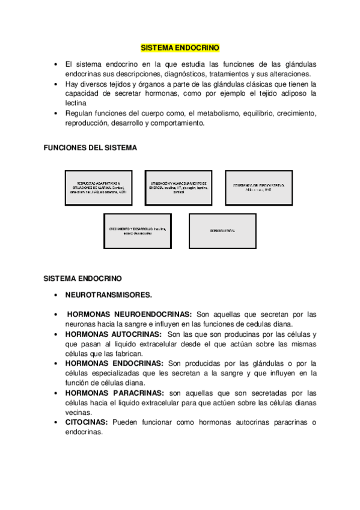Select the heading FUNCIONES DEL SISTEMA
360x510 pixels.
[91, 147]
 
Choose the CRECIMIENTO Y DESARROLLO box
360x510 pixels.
[138, 231]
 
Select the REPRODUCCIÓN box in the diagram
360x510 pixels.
[222, 231]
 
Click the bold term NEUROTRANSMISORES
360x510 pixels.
[109, 295]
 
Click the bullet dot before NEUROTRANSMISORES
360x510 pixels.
[55, 295]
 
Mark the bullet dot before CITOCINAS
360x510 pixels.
[55, 422]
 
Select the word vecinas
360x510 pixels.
[78, 413]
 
